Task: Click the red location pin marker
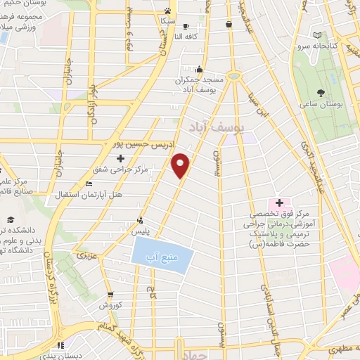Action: click(181, 165)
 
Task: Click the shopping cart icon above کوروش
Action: click(110, 295)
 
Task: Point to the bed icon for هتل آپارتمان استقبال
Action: click(88, 184)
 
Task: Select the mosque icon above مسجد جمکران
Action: click(200, 69)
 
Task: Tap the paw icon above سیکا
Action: click(167, 11)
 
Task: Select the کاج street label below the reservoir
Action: click(150, 290)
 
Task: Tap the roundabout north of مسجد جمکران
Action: click(233, 75)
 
